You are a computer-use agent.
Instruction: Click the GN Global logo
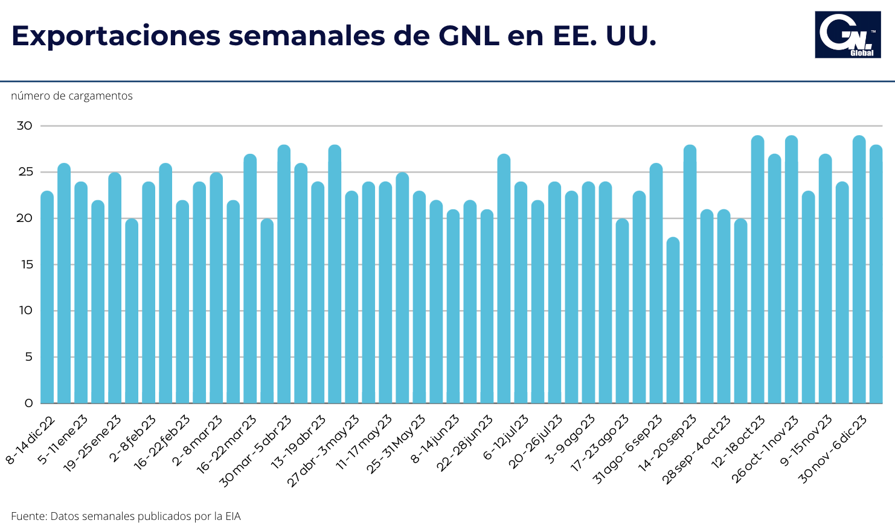[x=848, y=35]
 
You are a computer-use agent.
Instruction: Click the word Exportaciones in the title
[x=116, y=36]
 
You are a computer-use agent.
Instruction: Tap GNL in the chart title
[x=469, y=36]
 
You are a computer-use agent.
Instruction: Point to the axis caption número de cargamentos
[x=72, y=96]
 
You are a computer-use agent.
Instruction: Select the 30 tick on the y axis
[x=24, y=126]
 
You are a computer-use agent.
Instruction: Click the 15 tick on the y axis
[x=28, y=265]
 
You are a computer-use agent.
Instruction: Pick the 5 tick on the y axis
[x=29, y=356]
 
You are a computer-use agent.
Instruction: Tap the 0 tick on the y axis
[x=29, y=403]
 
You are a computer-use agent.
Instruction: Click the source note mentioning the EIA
[x=126, y=516]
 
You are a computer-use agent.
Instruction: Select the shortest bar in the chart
[x=673, y=320]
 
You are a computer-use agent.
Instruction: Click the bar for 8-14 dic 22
[x=47, y=297]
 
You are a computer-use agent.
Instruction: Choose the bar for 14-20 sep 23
[x=690, y=274]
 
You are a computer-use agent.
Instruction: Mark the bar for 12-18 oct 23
[x=757, y=270]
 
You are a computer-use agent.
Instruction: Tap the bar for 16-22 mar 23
[x=250, y=279]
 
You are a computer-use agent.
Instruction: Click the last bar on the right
[x=876, y=274]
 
